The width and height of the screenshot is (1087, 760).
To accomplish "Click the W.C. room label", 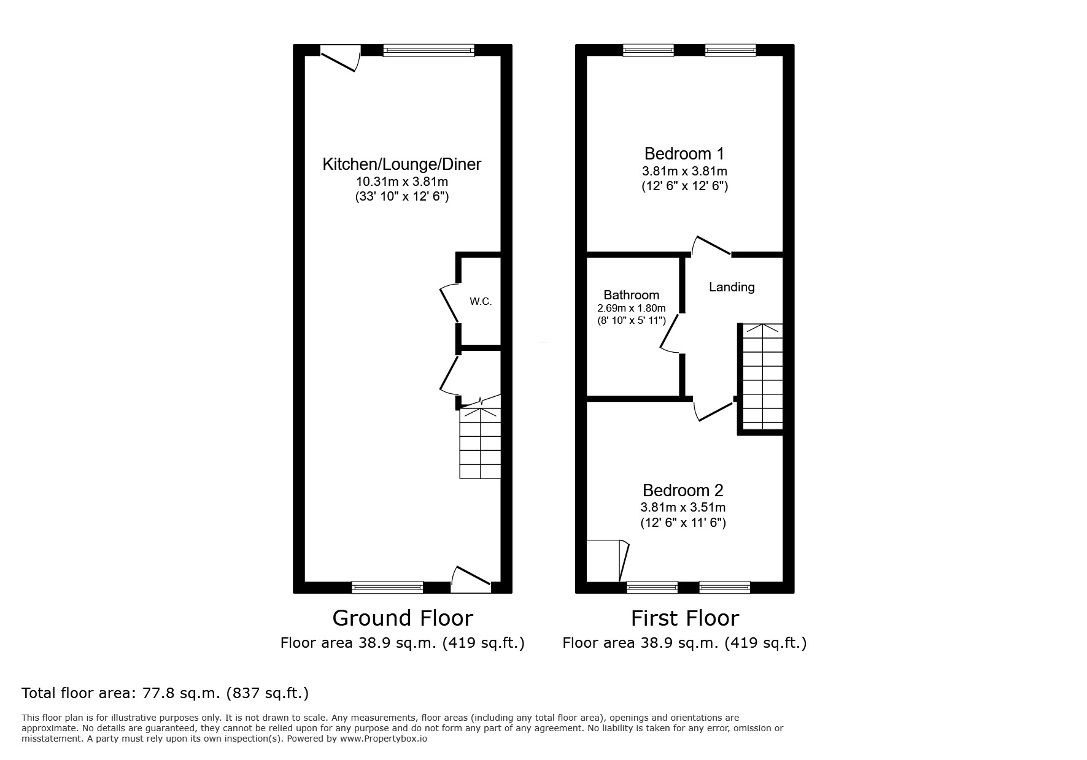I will pyautogui.click(x=481, y=301).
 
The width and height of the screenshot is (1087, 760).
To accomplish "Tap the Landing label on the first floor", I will pyautogui.click(x=732, y=287).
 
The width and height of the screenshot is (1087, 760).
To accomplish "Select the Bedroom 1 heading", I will pyautogui.click(x=684, y=153).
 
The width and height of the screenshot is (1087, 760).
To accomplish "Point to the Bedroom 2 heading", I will pyautogui.click(x=683, y=490).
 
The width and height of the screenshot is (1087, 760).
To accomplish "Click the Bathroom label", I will pyautogui.click(x=631, y=295).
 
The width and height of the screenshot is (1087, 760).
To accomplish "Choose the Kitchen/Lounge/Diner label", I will pyautogui.click(x=402, y=164).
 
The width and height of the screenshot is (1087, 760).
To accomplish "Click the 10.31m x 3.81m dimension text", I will pyautogui.click(x=402, y=182).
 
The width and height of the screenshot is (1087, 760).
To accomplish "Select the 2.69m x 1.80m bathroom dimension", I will pyautogui.click(x=631, y=309).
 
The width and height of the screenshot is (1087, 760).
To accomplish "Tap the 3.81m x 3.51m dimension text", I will pyautogui.click(x=683, y=507).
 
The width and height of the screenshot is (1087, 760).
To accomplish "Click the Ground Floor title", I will pyautogui.click(x=402, y=618).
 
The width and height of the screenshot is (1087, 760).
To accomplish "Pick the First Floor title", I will pyautogui.click(x=684, y=618).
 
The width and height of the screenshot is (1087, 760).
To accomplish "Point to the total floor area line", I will pyautogui.click(x=165, y=693).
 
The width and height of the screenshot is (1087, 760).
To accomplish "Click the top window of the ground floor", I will pyautogui.click(x=428, y=50).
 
